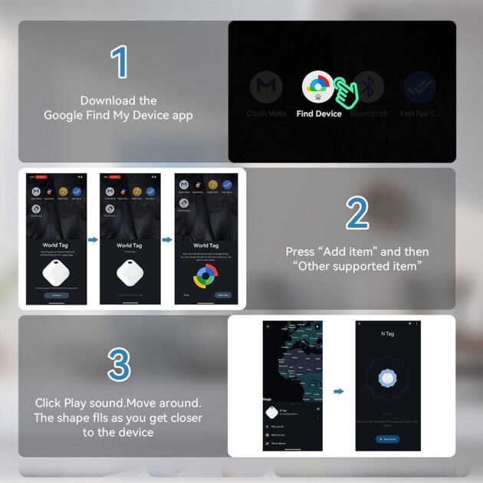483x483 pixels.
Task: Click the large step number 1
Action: (x=119, y=63)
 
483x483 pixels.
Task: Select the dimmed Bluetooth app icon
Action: (x=370, y=88)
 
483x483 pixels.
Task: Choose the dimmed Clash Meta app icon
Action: (x=266, y=88)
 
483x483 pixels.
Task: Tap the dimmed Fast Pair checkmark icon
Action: (x=419, y=88)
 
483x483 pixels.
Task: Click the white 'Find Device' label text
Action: (x=319, y=113)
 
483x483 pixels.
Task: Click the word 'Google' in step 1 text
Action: (x=61, y=115)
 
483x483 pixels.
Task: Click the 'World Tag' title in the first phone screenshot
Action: (x=55, y=245)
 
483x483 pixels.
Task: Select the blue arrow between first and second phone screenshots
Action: (x=94, y=241)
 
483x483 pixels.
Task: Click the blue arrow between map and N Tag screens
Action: (x=339, y=391)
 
